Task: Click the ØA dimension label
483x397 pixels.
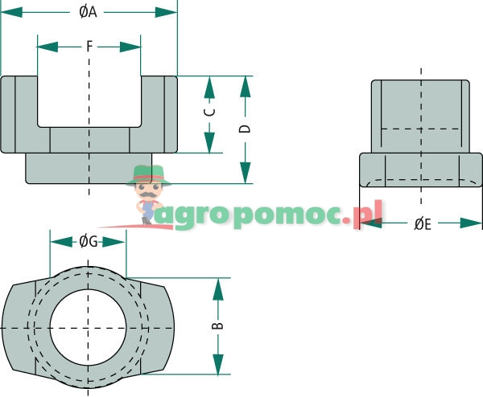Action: pos(89,12)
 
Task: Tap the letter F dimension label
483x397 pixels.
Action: pos(89,46)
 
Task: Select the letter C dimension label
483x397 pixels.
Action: pos(209,114)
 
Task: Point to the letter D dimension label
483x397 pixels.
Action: pos(246,129)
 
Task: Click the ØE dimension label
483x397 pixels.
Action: pos(423,224)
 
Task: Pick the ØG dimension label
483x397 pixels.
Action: pos(89,241)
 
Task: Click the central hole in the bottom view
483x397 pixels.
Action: pos(89,327)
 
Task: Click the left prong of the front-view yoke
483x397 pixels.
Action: pos(19,113)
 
